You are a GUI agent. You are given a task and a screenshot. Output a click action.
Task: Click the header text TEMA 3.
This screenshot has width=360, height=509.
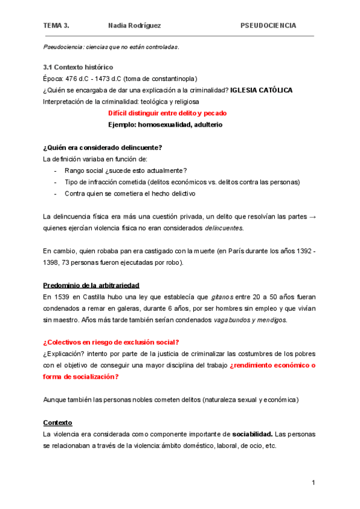56,26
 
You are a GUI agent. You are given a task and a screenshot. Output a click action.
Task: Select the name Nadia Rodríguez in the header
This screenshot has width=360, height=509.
134,26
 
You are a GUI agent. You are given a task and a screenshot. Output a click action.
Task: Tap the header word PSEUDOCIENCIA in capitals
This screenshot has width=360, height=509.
268,26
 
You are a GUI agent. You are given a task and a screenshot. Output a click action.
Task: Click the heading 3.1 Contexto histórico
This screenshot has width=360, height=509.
78,67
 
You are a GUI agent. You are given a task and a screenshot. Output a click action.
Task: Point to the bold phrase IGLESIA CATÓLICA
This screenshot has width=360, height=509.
262,90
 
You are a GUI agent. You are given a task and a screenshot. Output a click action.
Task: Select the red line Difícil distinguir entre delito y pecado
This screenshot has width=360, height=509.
167,113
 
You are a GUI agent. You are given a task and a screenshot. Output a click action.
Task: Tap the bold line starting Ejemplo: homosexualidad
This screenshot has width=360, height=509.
165,124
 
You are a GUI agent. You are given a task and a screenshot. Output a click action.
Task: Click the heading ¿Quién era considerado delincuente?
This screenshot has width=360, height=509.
103,148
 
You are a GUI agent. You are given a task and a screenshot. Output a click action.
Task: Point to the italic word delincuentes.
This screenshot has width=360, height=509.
224,228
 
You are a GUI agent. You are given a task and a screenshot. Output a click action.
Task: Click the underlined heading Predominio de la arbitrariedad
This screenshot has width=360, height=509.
92,285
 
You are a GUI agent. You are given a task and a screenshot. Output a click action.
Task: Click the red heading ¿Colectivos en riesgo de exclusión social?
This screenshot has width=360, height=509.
111,342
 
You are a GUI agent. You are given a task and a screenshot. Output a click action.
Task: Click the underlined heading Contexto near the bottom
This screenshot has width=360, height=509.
58,422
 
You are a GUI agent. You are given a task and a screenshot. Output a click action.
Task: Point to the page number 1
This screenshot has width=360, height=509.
313,483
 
